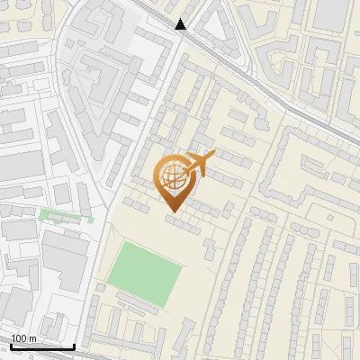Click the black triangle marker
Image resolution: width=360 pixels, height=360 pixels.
click(x=181, y=24)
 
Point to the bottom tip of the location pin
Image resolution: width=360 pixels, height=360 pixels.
click(x=172, y=211)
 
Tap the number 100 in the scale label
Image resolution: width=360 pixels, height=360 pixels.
click(x=20, y=339)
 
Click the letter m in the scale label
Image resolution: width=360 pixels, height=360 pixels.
click(x=32, y=339)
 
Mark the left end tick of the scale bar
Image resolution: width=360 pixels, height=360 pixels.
click(x=11, y=346)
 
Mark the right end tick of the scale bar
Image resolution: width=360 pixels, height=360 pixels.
click(x=74, y=346)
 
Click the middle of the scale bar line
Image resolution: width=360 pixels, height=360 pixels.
click(x=42, y=347)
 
